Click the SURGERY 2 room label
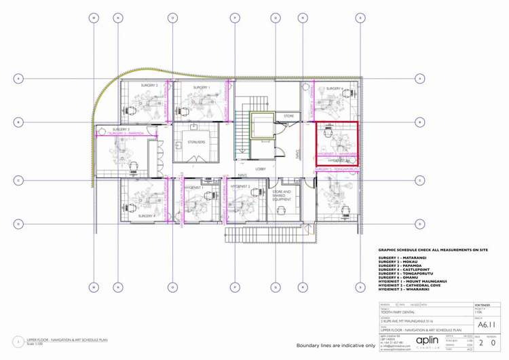149,86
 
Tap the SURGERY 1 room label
201,88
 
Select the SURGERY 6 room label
334,88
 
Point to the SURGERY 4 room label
147,215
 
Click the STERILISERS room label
197,142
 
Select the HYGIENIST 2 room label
240,185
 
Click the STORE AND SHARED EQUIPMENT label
282,196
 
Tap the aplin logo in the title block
427,340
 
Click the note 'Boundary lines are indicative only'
335,346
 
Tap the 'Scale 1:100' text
35,344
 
